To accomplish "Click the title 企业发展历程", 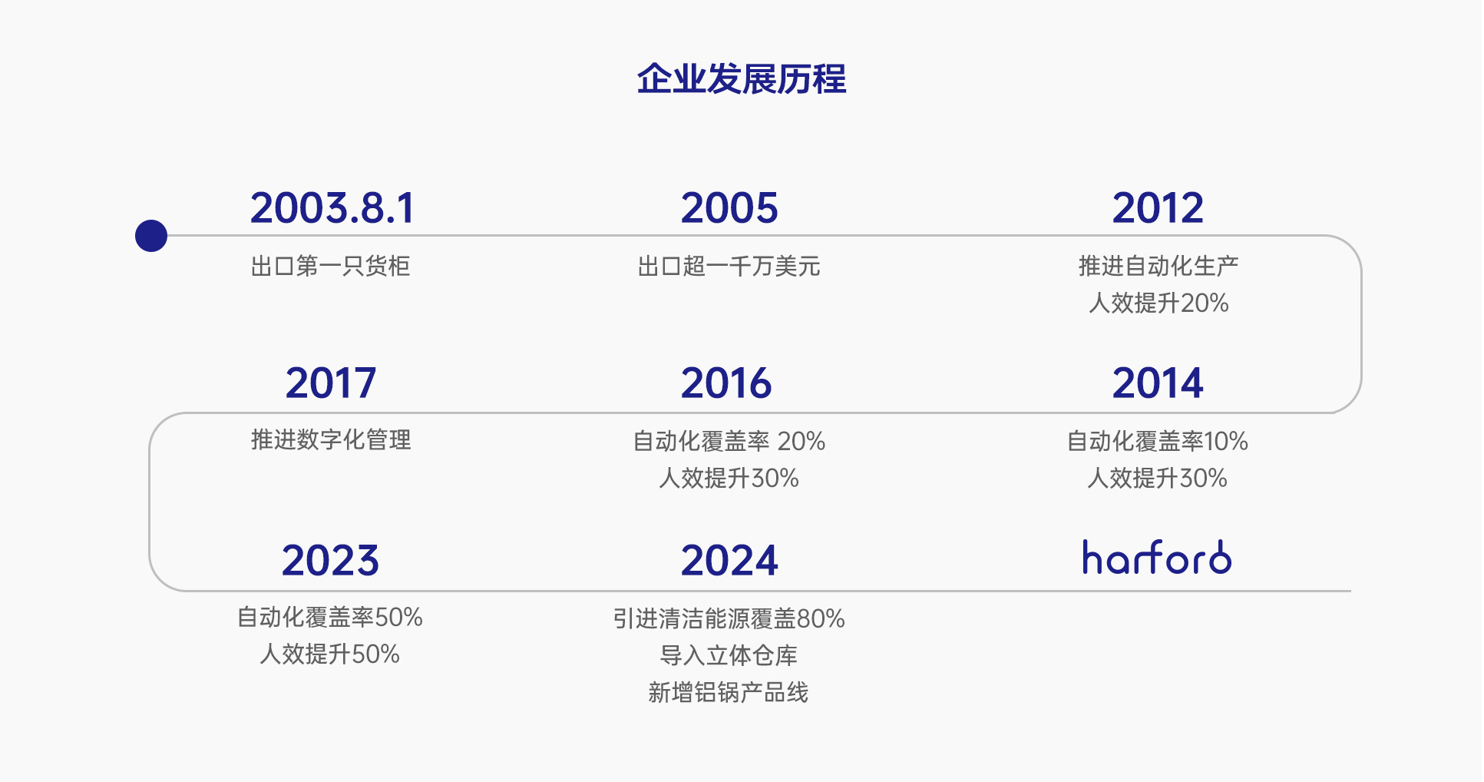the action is click(742, 79).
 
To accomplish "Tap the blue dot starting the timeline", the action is click(151, 236).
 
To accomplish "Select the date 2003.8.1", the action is click(332, 208).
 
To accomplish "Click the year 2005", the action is click(729, 208).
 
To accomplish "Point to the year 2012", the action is click(1158, 208).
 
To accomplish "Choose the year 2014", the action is click(1158, 383).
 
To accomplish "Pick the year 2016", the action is click(726, 383).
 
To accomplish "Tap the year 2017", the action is click(331, 383).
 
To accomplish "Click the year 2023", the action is click(330, 560).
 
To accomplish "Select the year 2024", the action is click(729, 560).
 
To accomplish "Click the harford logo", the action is click(1157, 557).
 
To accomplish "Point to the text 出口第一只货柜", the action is click(331, 267).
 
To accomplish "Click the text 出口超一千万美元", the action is click(729, 267).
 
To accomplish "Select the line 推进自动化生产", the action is click(1158, 266).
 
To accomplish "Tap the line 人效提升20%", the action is click(1158, 303).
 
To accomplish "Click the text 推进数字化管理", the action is click(331, 440).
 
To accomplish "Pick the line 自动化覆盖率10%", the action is click(1158, 441).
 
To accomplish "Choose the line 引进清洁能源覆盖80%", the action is click(729, 618).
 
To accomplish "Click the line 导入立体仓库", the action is click(729, 655).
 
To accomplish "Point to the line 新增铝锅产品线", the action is click(729, 692).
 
